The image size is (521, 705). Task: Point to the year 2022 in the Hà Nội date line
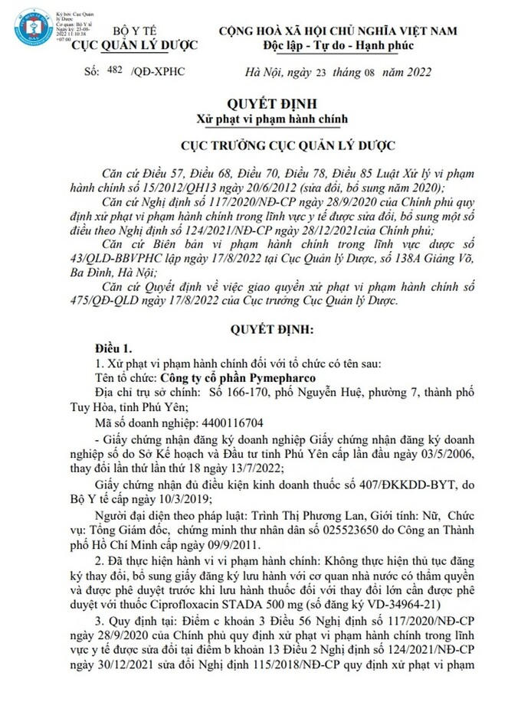pyautogui.click(x=418, y=73)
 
